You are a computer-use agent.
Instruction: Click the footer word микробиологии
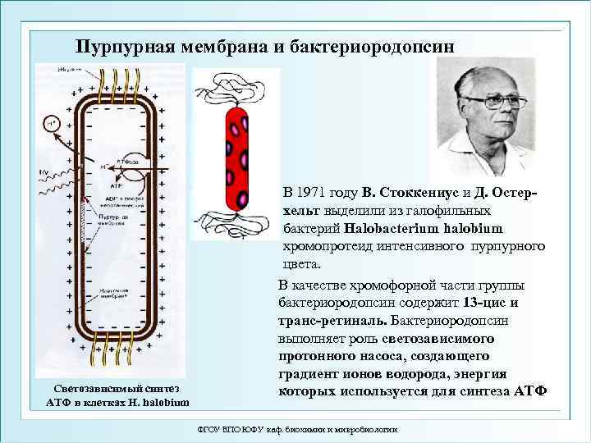360,430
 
